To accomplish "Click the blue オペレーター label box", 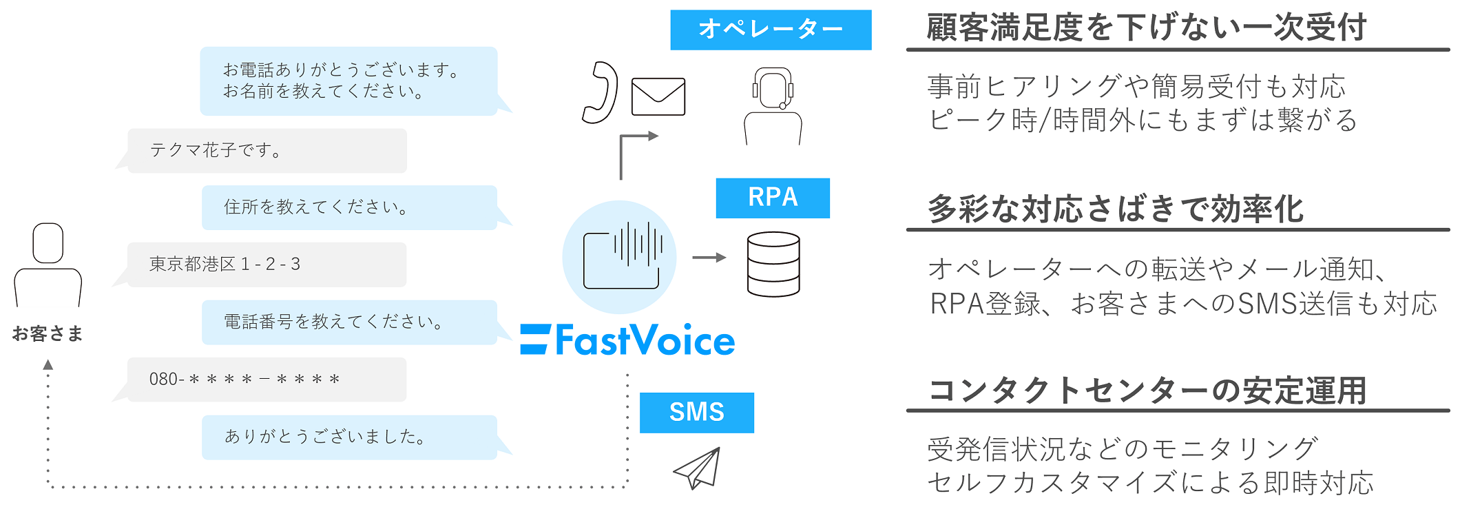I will click(770, 30).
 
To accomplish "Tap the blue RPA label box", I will click(772, 198).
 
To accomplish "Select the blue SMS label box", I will click(696, 412).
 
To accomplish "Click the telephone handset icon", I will click(600, 93).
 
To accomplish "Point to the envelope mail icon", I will click(658, 96).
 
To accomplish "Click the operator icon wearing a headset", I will click(773, 105).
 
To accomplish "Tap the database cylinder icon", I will click(773, 264).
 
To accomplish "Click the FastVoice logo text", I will click(628, 340).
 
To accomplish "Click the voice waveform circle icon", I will click(619, 258).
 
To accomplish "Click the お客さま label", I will click(48, 333).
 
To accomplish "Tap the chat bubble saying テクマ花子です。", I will click(267, 150).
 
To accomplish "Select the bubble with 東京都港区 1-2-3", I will click(267, 265).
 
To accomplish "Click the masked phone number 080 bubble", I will click(267, 379).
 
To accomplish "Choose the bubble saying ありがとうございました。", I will click(349, 437).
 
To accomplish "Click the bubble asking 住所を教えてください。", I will click(349, 207).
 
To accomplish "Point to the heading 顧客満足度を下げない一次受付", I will click(1146, 28).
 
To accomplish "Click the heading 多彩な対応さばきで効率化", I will click(1115, 209).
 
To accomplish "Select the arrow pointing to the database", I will click(709, 258).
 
